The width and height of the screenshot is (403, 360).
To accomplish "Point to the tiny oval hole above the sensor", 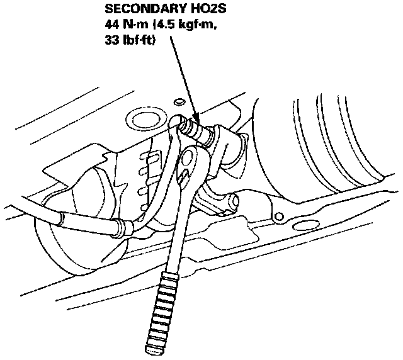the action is pos(179,100).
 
